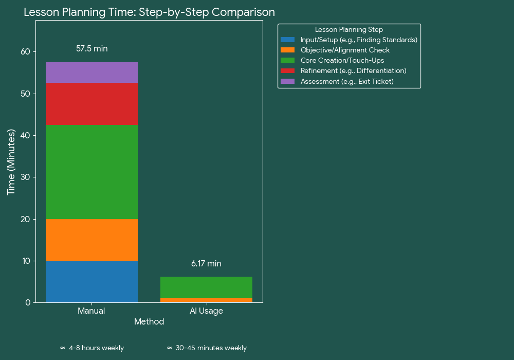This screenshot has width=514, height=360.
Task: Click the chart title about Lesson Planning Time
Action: point(149,12)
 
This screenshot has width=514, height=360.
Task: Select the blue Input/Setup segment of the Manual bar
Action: point(91,281)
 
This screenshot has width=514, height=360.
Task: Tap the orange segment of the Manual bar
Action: point(91,240)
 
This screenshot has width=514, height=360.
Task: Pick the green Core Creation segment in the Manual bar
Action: point(91,172)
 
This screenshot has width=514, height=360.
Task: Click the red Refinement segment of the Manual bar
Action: point(91,104)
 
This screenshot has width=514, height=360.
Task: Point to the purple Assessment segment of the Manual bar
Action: point(91,73)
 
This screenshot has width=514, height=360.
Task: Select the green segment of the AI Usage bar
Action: point(206,287)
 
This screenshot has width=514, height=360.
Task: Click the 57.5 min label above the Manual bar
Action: point(91,49)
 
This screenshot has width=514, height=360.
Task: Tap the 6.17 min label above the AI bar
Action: point(206,264)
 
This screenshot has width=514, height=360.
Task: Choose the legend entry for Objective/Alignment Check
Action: point(345,50)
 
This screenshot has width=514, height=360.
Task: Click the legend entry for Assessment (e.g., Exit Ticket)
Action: point(347,82)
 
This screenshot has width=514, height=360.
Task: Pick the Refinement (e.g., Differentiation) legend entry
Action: point(353,71)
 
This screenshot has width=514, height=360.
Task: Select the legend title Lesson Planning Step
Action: point(349,30)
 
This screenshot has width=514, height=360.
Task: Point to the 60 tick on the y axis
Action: point(25,51)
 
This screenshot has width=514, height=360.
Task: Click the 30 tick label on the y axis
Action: point(25,177)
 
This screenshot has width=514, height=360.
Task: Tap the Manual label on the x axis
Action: point(91,311)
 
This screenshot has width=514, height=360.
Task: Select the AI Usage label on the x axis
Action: point(206,311)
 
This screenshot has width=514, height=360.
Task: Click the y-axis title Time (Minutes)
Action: point(11,162)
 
